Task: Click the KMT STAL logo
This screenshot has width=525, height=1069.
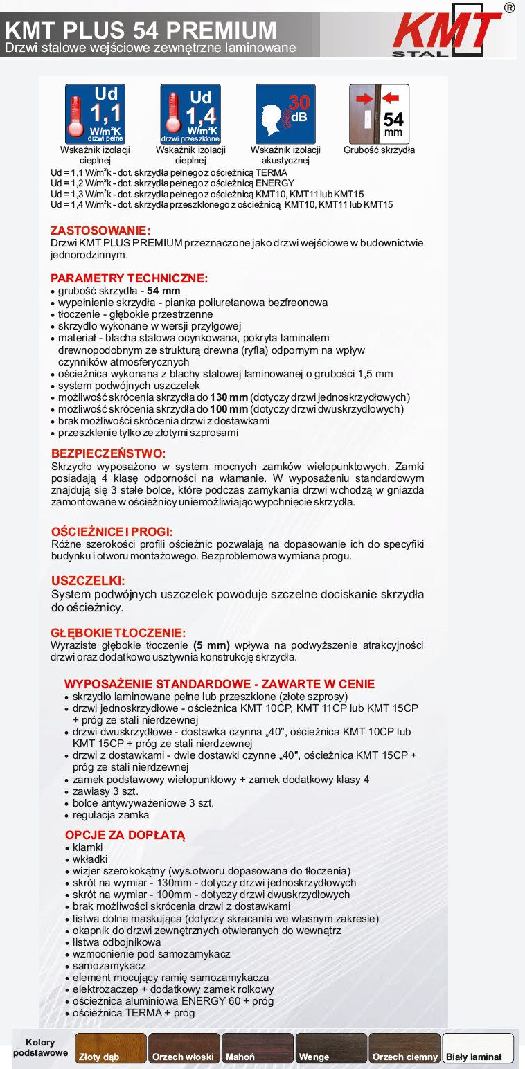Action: click(x=447, y=31)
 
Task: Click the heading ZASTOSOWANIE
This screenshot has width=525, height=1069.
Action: click(x=100, y=231)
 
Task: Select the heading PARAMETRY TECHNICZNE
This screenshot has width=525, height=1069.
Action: click(x=129, y=278)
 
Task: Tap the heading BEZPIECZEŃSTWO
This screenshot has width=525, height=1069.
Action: click(x=109, y=453)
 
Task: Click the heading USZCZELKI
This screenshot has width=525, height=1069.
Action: click(x=88, y=581)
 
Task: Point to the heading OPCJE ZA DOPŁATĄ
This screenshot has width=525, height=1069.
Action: click(x=125, y=835)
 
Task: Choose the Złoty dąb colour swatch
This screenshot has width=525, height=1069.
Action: click(x=111, y=1048)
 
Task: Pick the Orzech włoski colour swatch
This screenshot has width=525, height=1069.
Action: click(x=184, y=1048)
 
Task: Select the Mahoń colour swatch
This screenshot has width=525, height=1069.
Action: click(x=258, y=1048)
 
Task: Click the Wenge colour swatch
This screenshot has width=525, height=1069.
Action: click(x=331, y=1048)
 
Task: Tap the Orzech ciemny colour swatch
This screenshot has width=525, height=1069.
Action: click(x=404, y=1048)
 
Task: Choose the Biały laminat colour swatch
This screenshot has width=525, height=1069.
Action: click(x=478, y=1048)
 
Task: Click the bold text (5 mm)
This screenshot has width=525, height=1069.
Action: click(x=211, y=645)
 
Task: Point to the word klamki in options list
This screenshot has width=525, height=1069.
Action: click(x=88, y=847)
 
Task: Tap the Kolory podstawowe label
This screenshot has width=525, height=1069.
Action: click(x=40, y=1048)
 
